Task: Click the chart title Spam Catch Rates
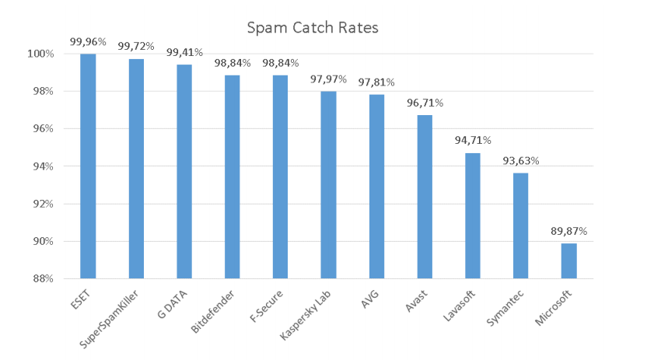(x=313, y=29)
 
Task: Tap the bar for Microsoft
(x=568, y=260)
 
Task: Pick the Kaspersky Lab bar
(x=328, y=184)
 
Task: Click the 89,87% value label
(x=568, y=232)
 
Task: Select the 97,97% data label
(x=328, y=79)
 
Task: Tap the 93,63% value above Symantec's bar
(x=520, y=161)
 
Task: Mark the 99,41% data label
(x=184, y=53)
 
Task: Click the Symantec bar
(x=520, y=225)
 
